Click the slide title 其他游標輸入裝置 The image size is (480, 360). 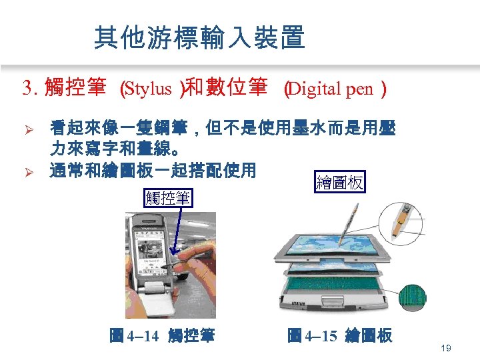(199, 38)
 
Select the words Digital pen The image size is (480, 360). (331, 89)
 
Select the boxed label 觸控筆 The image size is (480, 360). (167, 198)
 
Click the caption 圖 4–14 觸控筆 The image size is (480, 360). (161, 336)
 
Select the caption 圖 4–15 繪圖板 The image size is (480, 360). (339, 336)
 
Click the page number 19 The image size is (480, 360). (447, 348)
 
